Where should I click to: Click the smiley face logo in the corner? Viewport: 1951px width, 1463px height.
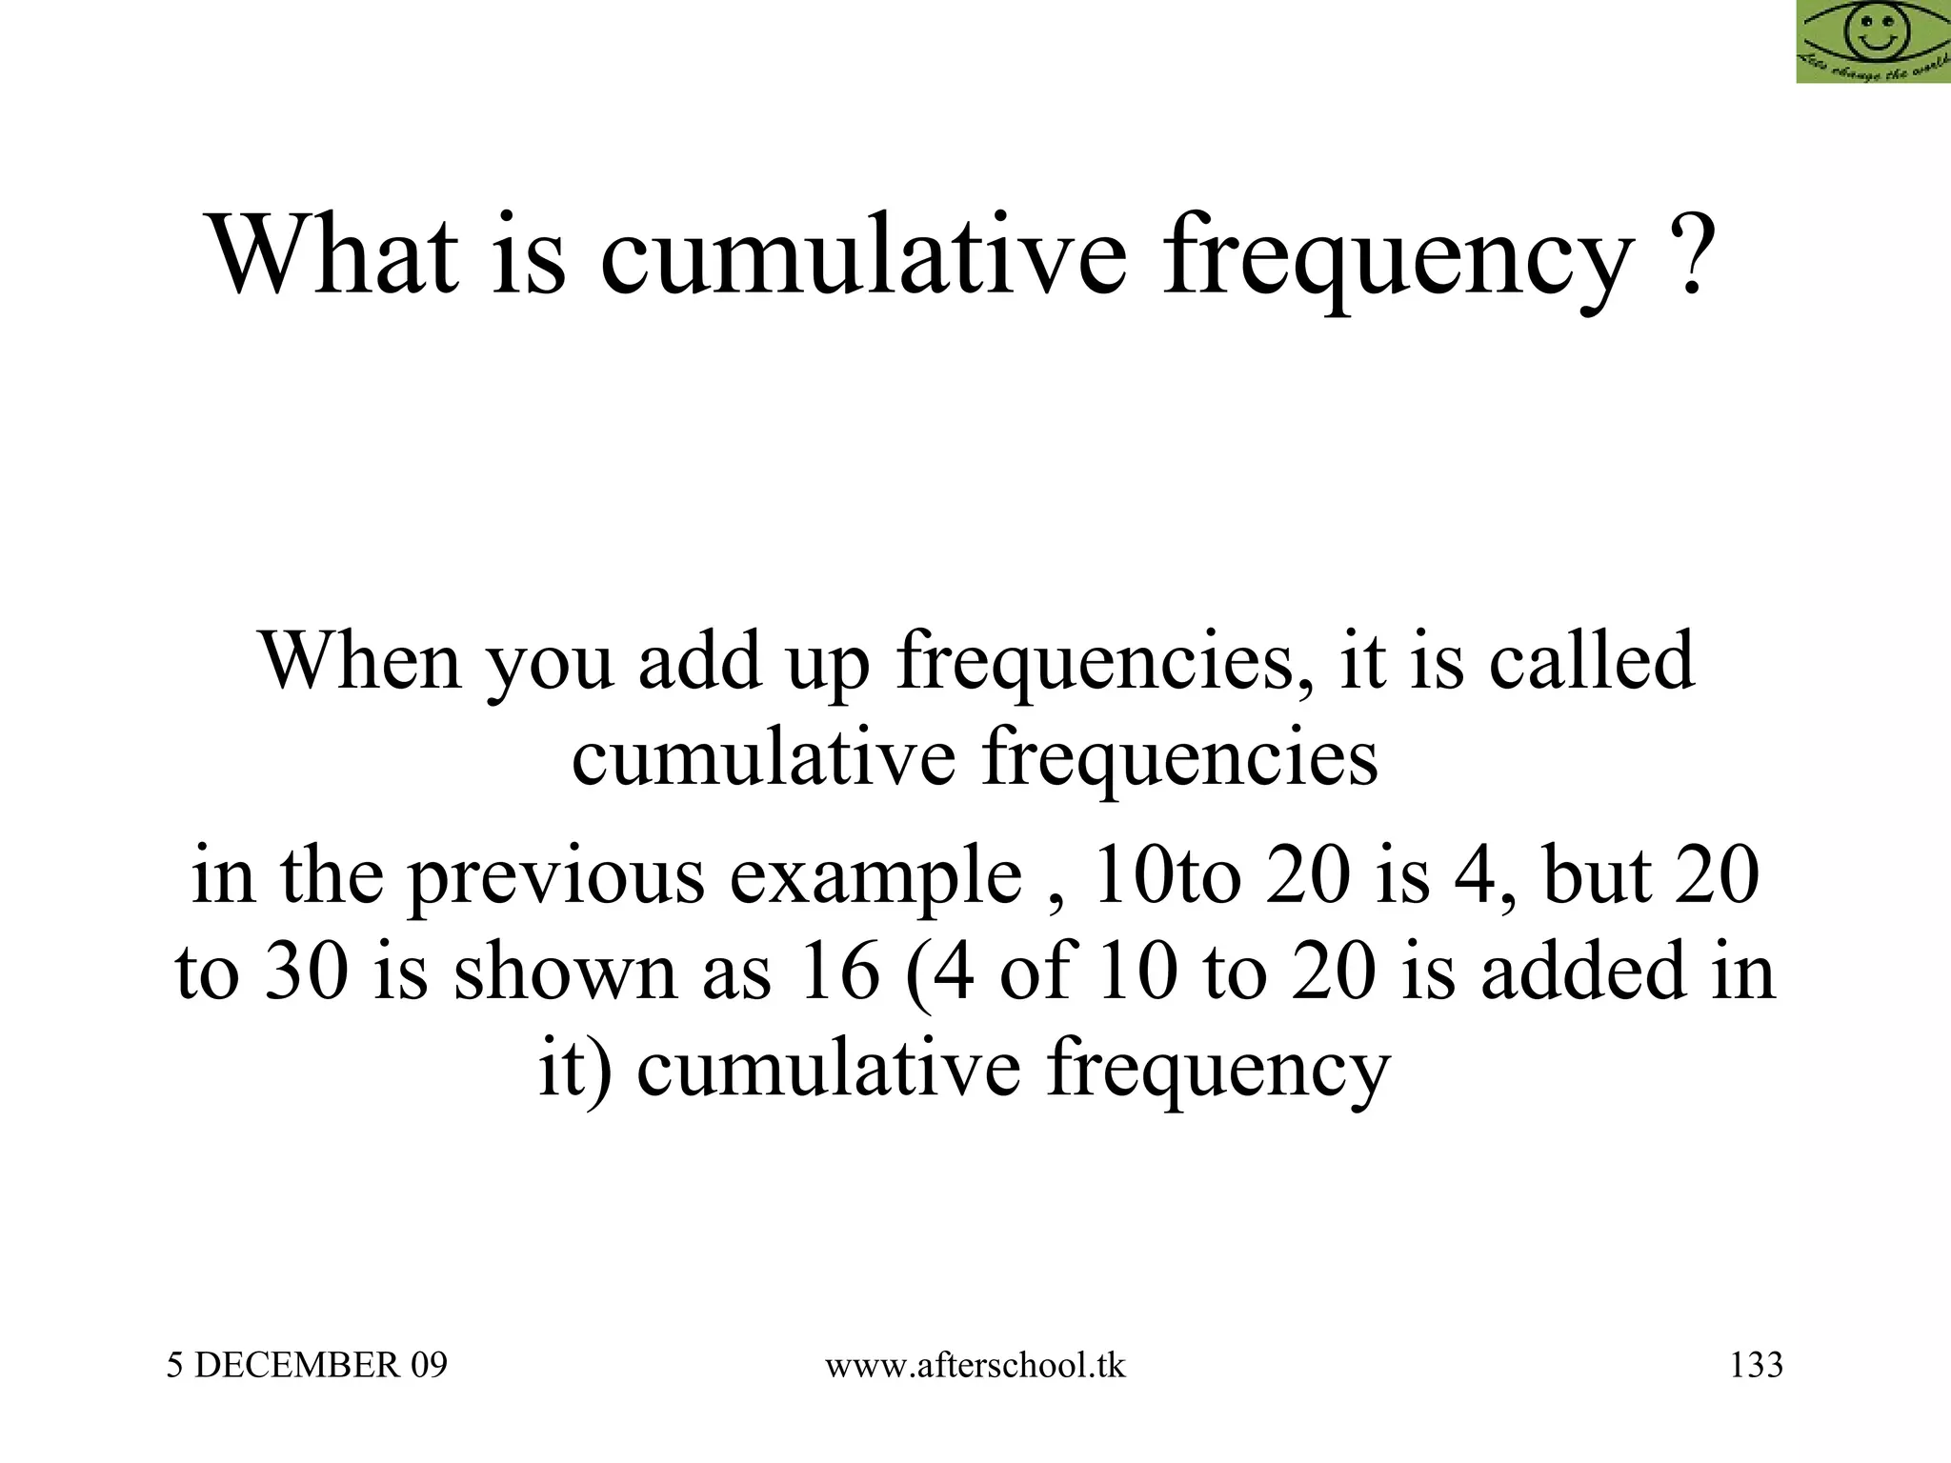(x=1873, y=41)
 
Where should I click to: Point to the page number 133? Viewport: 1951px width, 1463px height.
(x=1756, y=1365)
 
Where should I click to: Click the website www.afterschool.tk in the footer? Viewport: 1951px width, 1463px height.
(x=975, y=1365)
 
